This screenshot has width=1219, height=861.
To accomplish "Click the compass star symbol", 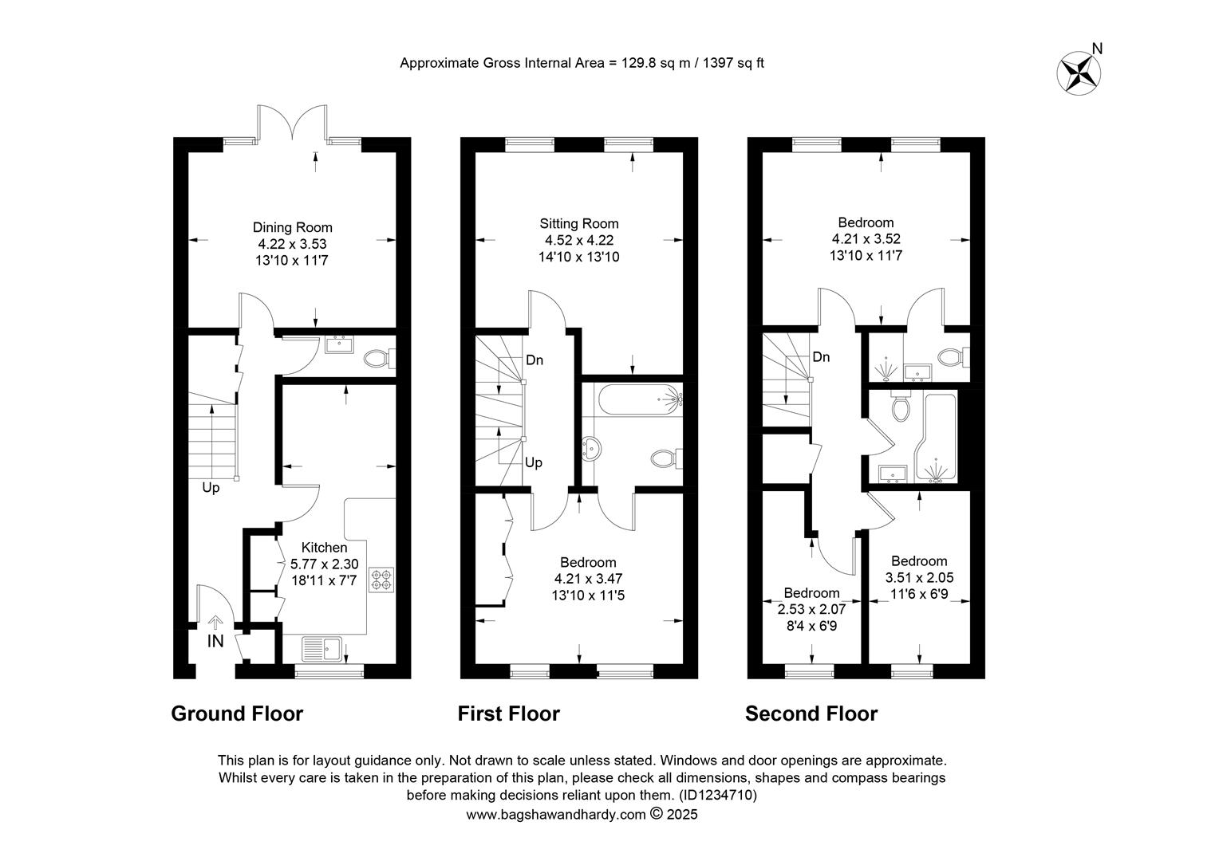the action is pos(1079,73).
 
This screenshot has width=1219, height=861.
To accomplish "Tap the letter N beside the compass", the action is pos(1097,49).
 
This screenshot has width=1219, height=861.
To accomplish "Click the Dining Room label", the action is pos(292,227).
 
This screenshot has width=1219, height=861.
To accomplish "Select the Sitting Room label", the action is pos(579,223).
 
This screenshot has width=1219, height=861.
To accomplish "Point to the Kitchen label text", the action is pos(325,548).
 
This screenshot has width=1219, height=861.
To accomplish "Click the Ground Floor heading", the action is pos(237,714).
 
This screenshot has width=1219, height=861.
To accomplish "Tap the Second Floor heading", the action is pos(811,714).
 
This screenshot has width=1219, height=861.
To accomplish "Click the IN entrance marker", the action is pos(215,641).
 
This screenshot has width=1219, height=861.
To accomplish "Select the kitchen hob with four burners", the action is pos(382,580).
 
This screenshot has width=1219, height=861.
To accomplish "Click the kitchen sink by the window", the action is pos(322,649).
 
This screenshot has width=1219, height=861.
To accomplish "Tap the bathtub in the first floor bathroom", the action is pos(641,400).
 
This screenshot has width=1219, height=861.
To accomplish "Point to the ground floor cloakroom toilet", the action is pos(379,359).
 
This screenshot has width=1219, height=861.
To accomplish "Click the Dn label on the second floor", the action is pos(821,357).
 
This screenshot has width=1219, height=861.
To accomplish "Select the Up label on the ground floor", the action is pos(211,488).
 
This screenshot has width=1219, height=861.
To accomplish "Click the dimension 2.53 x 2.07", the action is pos(812,610).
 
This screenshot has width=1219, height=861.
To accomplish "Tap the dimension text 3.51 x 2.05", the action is pos(920,578).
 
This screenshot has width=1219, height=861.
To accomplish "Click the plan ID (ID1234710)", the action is pos(718,795).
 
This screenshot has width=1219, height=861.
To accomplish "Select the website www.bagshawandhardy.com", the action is pos(556,815).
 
